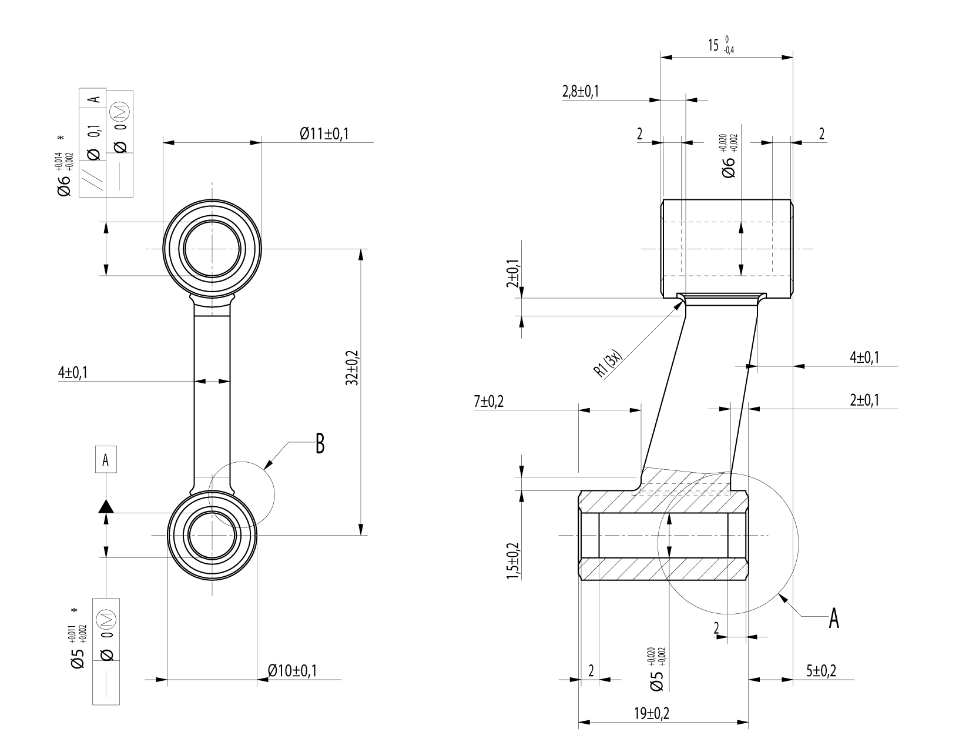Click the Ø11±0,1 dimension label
324,134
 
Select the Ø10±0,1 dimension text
292,671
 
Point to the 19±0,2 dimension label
652,714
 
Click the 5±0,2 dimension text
821,671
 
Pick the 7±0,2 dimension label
489,402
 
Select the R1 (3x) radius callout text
608,365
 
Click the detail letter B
320,444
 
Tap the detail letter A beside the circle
833,619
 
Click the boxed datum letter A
106,460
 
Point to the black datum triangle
106,506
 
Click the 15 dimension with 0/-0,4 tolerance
720,46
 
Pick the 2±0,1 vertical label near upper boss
513,273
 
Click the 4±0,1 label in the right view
864,357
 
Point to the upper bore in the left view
212,249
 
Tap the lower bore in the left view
212,535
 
